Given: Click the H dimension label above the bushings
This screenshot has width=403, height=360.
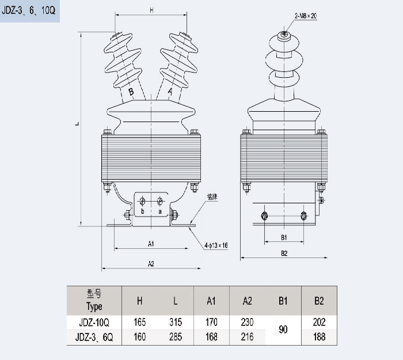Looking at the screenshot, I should tap(151, 10).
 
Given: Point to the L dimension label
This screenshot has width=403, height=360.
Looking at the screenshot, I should tap(77, 123).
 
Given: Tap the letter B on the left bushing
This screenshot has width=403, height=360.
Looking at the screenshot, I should tap(131, 92).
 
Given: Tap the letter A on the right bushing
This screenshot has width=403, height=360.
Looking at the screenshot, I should tap(170, 91).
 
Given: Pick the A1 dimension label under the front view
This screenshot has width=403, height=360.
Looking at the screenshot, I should tap(150, 244).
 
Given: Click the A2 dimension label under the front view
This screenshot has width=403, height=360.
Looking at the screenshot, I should tap(150, 264).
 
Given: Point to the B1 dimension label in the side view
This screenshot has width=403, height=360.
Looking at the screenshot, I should tap(284, 237).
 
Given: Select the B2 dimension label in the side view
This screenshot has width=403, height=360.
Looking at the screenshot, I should tap(284, 253).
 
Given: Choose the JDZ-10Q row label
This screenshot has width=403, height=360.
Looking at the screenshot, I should tap(94, 323).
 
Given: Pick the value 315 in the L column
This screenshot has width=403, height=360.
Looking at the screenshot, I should tap(176, 323).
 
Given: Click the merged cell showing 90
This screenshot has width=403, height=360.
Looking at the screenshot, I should tap(283, 329).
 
